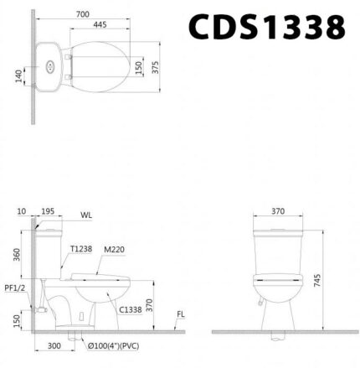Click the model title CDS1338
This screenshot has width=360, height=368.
pyautogui.click(x=266, y=27)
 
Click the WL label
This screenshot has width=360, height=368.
pyautogui.click(x=86, y=215)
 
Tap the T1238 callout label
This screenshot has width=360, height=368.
pyautogui.click(x=81, y=249)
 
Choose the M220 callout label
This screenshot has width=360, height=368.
pyautogui.click(x=115, y=249)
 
